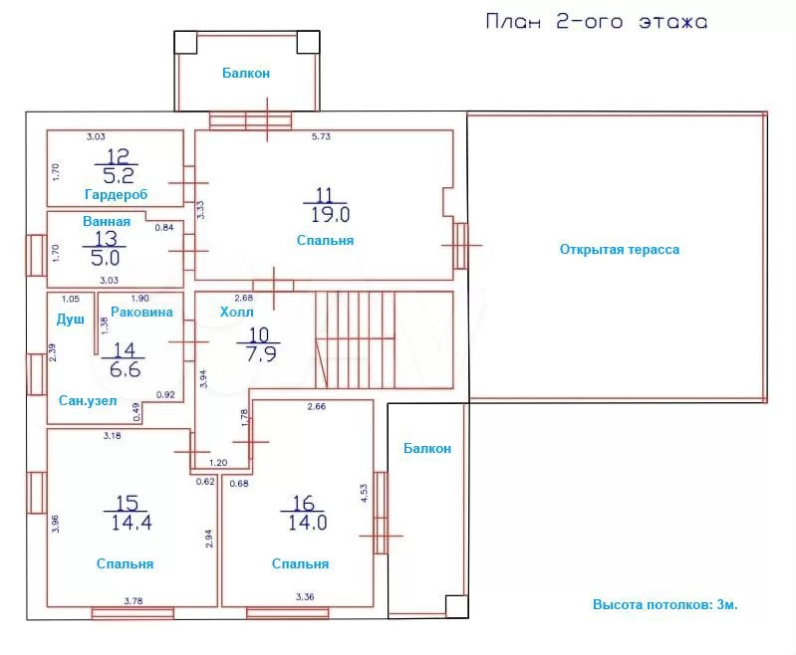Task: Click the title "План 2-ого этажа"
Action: pos(597,22)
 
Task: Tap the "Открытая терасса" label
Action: pos(620,249)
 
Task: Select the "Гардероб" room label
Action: pos(117,195)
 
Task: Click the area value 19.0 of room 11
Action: pos(330,215)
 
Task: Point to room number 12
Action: pos(118,155)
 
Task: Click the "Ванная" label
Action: pos(107,221)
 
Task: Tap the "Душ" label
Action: pos(71,320)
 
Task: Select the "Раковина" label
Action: pos(141,312)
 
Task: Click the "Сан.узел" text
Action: pos(88,401)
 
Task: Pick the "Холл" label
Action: pos(236,312)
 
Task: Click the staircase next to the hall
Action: pos(385,339)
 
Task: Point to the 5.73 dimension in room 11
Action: pos(321,136)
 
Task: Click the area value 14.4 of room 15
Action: pos(132,522)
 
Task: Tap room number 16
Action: pos(304,503)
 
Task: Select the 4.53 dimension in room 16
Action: pos(364,493)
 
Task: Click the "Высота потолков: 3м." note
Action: pos(665,605)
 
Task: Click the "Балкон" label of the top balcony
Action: pos(246,73)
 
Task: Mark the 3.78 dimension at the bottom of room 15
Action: pos(133,600)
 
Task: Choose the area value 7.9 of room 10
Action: pos(261,353)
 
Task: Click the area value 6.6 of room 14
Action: pos(125,369)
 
